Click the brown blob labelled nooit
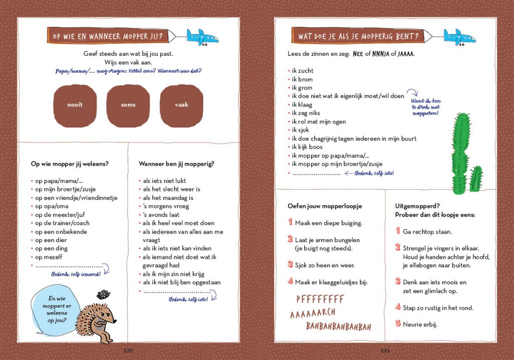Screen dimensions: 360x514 [75, 105]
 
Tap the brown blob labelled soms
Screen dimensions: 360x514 [128, 105]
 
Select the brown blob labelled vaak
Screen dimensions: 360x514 [181, 105]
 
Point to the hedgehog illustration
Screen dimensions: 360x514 [96, 321]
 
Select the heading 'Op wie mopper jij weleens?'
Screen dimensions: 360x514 [70, 163]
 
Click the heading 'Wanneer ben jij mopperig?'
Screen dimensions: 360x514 [176, 163]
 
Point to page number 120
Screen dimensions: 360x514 [128, 350]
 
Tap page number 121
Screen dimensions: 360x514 [385, 350]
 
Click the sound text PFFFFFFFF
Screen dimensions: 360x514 [320, 299]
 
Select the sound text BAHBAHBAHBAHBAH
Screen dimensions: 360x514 [339, 327]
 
